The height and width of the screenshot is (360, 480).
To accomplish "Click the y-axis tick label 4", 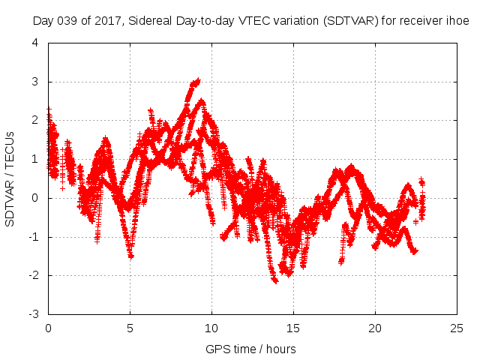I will [x=36, y=43].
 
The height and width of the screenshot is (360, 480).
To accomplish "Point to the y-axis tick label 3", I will [x=36, y=82].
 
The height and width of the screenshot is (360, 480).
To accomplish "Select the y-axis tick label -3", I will [x=34, y=314].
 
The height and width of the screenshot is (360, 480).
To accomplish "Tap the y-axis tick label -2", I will [x=34, y=275].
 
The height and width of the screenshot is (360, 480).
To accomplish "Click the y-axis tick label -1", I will [x=34, y=237].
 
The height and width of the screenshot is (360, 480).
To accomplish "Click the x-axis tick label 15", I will [x=294, y=328].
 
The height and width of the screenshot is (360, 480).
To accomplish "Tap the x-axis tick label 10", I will [x=212, y=328].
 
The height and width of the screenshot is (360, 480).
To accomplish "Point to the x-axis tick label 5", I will [x=130, y=328].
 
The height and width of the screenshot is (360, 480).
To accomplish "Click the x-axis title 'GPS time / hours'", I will [x=251, y=349].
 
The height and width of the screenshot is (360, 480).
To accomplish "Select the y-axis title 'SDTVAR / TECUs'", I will [x=10, y=178].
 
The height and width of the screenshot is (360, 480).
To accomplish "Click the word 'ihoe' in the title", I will [x=458, y=21].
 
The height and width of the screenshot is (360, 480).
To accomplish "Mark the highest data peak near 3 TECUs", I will [x=198, y=80].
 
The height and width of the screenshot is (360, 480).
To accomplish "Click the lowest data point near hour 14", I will [x=275, y=281].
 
